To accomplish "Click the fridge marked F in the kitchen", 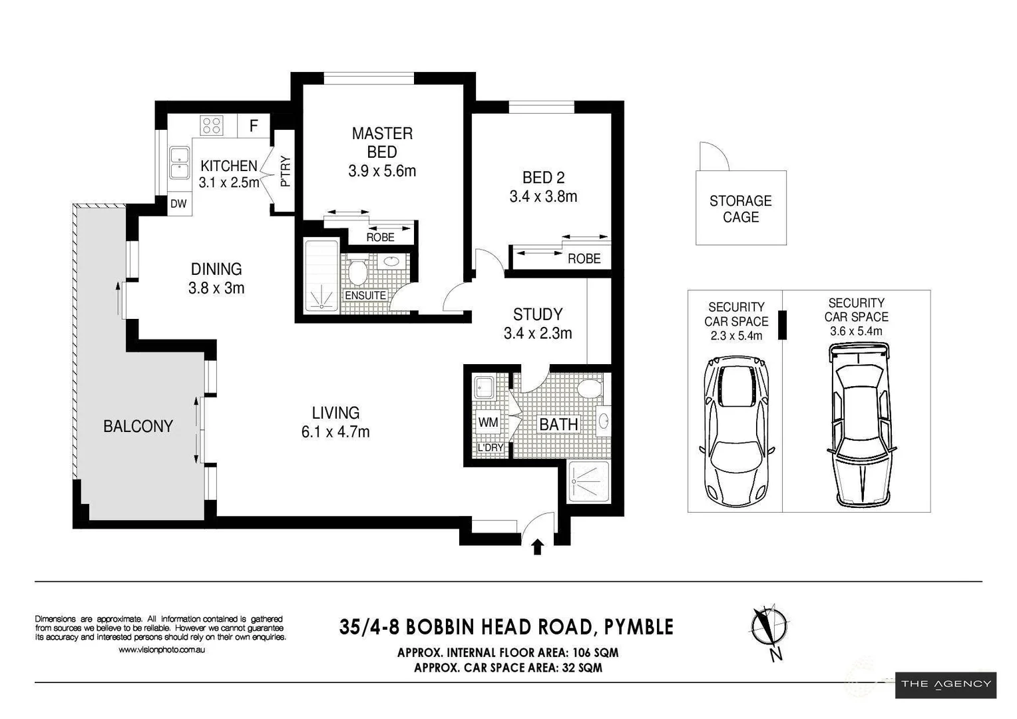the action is [x=254, y=125].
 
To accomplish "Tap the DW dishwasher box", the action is [x=178, y=204].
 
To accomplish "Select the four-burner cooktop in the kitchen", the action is [x=212, y=125].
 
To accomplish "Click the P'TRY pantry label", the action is [x=285, y=171].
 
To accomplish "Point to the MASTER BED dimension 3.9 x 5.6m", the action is [x=382, y=171].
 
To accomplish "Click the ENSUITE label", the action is [x=365, y=295].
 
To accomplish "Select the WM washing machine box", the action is [x=488, y=422].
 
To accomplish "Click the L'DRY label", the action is [x=491, y=447].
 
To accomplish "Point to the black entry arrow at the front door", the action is [x=538, y=547].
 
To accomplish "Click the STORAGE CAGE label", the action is [x=741, y=209].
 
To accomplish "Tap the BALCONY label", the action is [x=138, y=426].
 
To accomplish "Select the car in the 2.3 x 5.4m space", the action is [x=735, y=431].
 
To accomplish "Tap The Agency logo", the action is [x=946, y=685].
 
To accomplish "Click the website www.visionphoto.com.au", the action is [x=162, y=650].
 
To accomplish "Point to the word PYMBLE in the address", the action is [x=639, y=627].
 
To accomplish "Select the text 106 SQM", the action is [x=595, y=652].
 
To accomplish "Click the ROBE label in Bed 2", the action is [x=584, y=259].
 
